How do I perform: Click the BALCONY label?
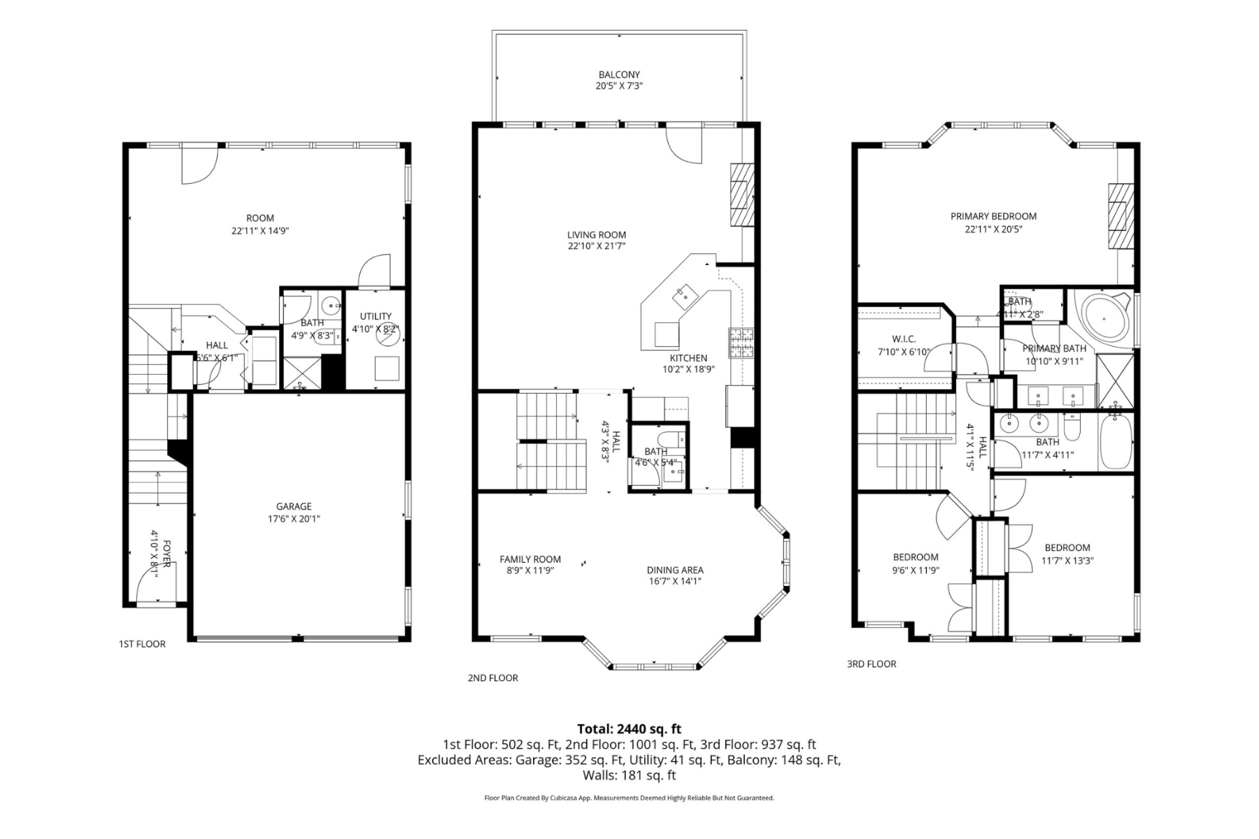[x=619, y=74]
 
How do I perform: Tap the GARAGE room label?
[x=294, y=506]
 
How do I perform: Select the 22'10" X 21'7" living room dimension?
[x=597, y=246]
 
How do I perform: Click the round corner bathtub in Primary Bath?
[x=1104, y=319]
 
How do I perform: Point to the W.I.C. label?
[x=904, y=339]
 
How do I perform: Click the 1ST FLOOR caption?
[x=142, y=644]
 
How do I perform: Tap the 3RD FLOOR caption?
[x=871, y=664]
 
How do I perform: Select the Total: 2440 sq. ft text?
[x=629, y=729]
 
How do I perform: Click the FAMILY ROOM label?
[x=530, y=559]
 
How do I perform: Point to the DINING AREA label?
[x=675, y=570]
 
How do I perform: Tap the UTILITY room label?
[x=376, y=316]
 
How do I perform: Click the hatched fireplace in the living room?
[x=742, y=195]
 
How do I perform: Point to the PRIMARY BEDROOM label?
[x=993, y=216]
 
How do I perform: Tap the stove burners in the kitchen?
[x=741, y=343]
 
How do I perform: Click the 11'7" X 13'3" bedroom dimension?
[x=1067, y=560]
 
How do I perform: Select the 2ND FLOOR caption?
[x=493, y=677]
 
